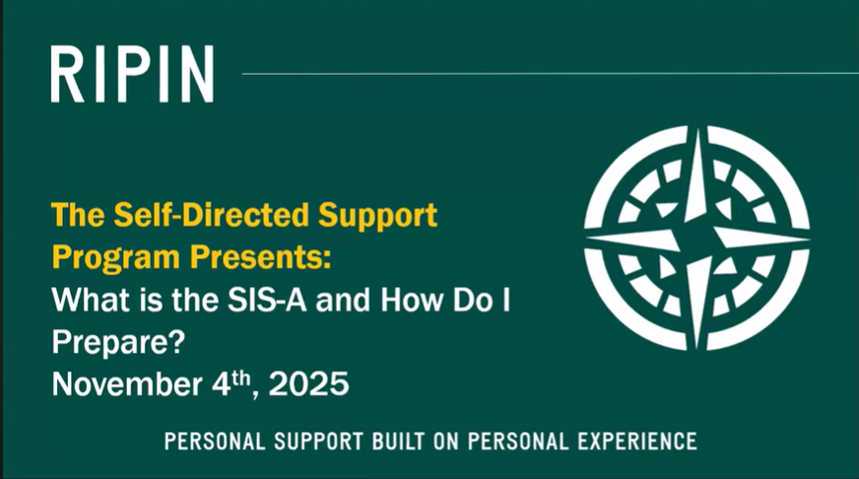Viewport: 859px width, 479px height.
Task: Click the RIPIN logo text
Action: point(132,74)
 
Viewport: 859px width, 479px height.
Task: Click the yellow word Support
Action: point(377,217)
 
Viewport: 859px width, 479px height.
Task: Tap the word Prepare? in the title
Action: point(119,343)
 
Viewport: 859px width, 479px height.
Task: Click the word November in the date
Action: point(127,383)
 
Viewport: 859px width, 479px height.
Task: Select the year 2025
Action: point(308,383)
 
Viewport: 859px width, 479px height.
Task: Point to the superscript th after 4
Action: point(241,377)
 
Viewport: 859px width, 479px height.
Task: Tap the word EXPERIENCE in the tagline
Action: point(636,442)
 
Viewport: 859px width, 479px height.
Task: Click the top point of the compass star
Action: point(697,129)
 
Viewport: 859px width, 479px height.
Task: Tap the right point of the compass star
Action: point(809,239)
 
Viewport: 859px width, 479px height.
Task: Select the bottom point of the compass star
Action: point(697,348)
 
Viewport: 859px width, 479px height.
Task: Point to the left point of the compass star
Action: point(587,239)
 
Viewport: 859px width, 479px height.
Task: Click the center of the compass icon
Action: point(697,239)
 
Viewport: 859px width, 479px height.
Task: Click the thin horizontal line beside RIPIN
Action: point(550,74)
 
